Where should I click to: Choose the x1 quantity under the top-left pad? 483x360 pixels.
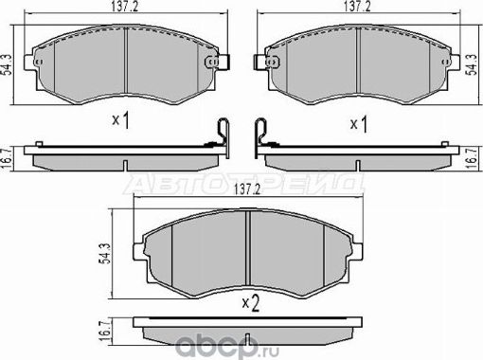(120, 121)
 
